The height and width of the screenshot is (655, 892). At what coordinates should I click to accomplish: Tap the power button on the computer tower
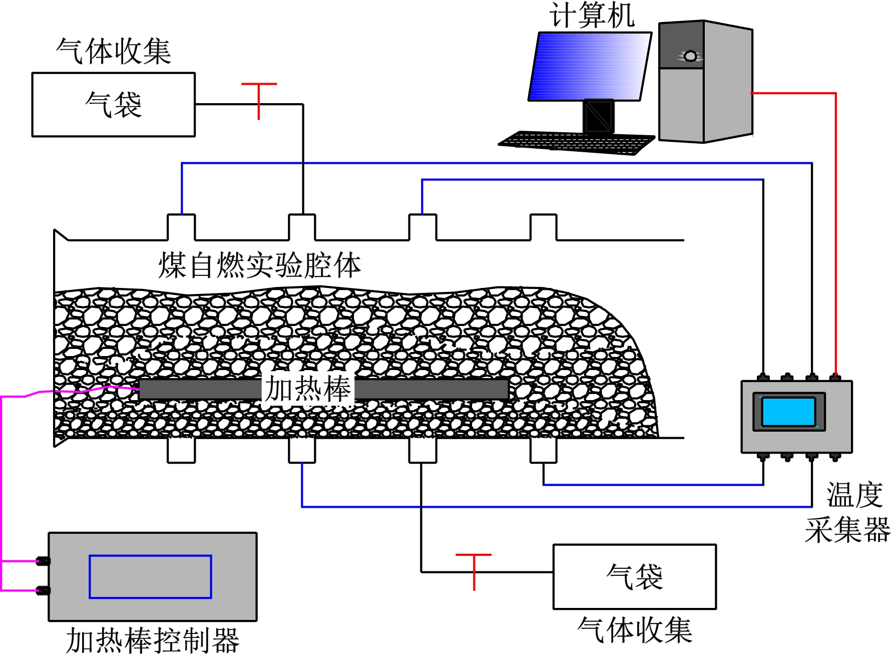pyautogui.click(x=690, y=56)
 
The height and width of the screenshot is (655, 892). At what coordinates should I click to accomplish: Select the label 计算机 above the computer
pyautogui.click(x=592, y=15)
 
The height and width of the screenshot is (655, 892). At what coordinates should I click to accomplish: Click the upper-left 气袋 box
pyautogui.click(x=114, y=105)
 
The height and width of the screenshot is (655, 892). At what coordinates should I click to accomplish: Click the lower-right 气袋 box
pyautogui.click(x=634, y=577)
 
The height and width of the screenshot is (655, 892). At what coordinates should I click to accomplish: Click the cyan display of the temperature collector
pyautogui.click(x=788, y=412)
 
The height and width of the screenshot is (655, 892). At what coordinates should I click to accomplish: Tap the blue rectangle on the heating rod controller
pyautogui.click(x=150, y=576)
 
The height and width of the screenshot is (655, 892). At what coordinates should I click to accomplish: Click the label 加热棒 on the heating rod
pyautogui.click(x=307, y=389)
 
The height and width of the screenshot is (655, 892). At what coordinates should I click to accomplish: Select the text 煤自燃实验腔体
pyautogui.click(x=259, y=265)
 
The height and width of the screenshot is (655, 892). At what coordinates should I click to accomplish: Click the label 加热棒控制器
pyautogui.click(x=153, y=640)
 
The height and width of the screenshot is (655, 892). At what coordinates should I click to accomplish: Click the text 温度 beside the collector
pyautogui.click(x=854, y=495)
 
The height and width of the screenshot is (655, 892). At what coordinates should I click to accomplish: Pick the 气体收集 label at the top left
pyautogui.click(x=114, y=51)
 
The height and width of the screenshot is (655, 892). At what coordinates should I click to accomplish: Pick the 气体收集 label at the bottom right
pyautogui.click(x=634, y=630)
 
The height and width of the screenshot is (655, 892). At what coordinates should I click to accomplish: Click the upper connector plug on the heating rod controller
pyautogui.click(x=44, y=561)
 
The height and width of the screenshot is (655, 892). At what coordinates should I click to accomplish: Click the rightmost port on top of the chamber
pyautogui.click(x=543, y=227)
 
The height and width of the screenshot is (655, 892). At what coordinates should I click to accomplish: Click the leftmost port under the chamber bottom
pyautogui.click(x=181, y=450)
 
